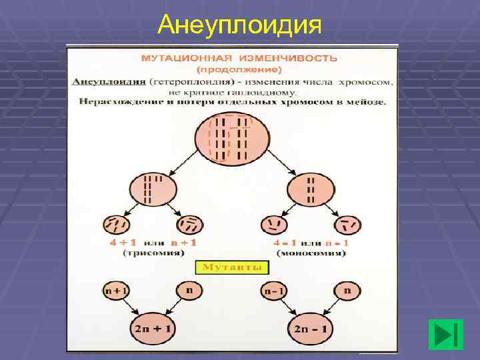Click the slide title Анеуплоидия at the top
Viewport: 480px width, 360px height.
pos(240,25)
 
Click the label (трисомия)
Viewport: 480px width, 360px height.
pos(153,253)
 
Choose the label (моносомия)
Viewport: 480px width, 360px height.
pos(310,253)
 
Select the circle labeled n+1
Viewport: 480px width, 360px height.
pos(116,291)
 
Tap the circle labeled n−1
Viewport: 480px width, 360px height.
pos(272,291)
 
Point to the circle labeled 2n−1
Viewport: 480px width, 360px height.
pos(311,328)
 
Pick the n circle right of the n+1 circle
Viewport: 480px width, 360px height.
pos(189,291)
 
